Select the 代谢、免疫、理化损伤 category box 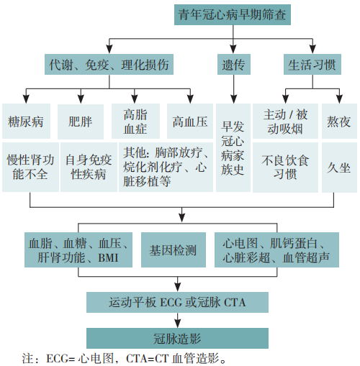(109, 64)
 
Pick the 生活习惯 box (311, 64)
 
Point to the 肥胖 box (80, 121)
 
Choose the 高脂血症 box (135, 121)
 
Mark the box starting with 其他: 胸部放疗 (166, 167)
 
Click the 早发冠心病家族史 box (233, 147)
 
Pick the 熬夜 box (339, 121)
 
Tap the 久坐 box (339, 167)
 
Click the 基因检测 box (173, 250)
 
